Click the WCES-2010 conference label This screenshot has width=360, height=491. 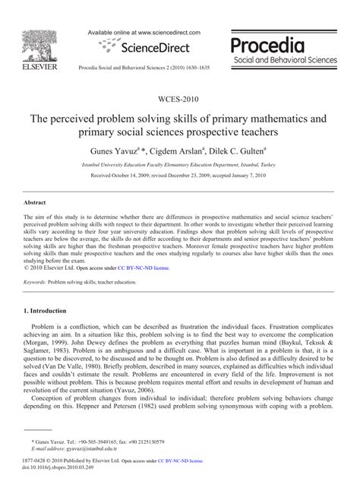[x=179, y=100]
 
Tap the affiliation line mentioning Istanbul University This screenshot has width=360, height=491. [x=179, y=163]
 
